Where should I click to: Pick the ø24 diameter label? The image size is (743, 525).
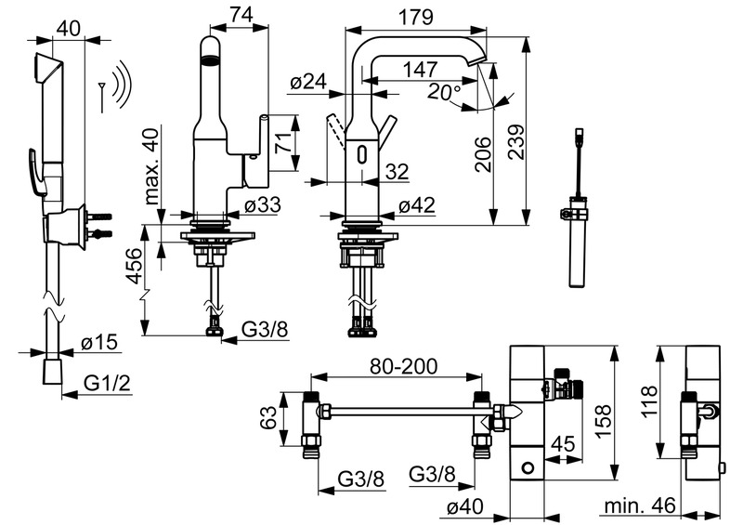308,82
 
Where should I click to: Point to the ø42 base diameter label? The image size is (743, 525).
416,207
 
